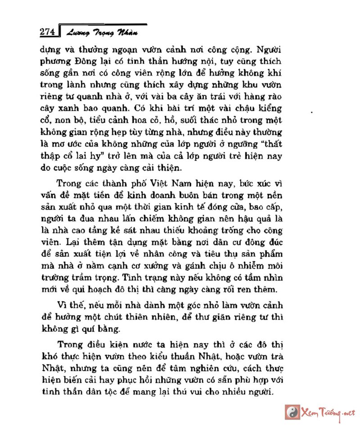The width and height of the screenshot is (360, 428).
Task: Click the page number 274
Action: point(47,32)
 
